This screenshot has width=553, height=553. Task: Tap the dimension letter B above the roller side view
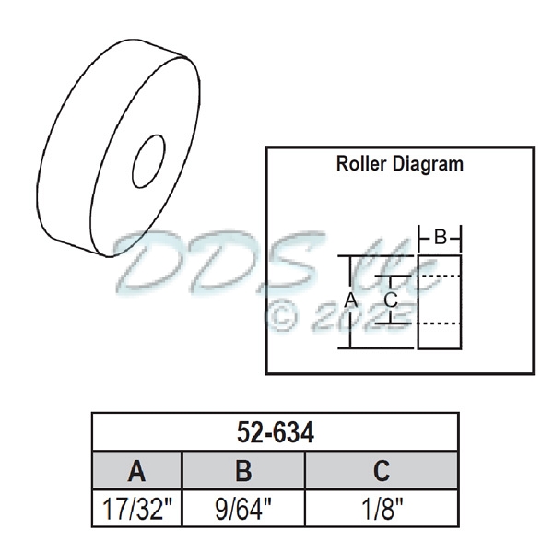pos(441,238)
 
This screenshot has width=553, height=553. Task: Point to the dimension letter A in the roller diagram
pos(350,300)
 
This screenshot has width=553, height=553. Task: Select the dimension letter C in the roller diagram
pos(390,300)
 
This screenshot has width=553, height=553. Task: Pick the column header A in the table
pos(136,471)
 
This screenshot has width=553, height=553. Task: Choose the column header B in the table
pos(243,471)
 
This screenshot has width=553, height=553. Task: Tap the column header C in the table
pos(381,471)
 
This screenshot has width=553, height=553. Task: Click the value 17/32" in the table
pos(136,508)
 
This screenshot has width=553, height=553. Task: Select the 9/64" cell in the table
pos(243,508)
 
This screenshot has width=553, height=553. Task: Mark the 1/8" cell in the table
pos(381,508)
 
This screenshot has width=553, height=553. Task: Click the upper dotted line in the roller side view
pos(439,276)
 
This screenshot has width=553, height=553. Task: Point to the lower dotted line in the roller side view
pos(439,324)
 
